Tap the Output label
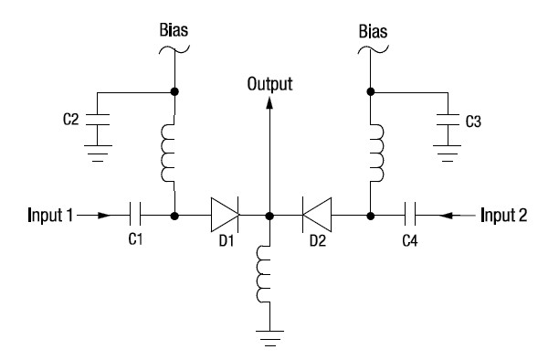coord(269,84)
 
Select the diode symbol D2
coord(315,217)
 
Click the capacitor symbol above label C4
coord(411,217)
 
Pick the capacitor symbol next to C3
coord(448,119)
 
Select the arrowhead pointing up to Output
coord(269,102)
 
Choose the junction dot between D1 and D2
coord(270,217)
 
